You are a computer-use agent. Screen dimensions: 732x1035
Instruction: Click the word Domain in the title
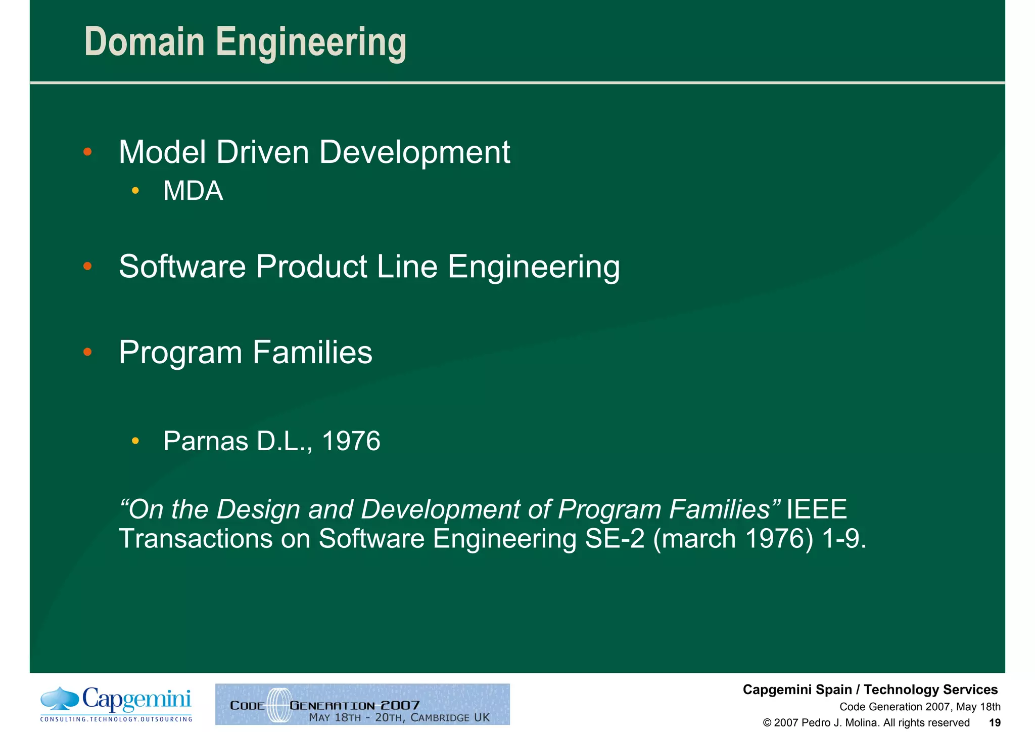pyautogui.click(x=144, y=42)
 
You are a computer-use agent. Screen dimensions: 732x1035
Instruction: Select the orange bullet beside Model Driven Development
pyautogui.click(x=87, y=152)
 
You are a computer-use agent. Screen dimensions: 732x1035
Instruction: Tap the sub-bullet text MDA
pyautogui.click(x=193, y=191)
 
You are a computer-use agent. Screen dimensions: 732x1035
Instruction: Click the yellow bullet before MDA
pyautogui.click(x=135, y=191)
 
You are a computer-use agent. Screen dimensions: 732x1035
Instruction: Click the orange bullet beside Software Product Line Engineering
pyautogui.click(x=87, y=266)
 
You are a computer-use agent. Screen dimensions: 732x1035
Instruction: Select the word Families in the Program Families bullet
pyautogui.click(x=312, y=352)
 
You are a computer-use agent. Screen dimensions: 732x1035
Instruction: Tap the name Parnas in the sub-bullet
pyautogui.click(x=206, y=441)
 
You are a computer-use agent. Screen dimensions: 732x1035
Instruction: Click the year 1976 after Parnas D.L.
pyautogui.click(x=351, y=441)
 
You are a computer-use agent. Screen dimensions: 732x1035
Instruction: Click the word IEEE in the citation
pyautogui.click(x=816, y=509)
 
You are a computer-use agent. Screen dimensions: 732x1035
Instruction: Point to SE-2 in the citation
pyautogui.click(x=614, y=538)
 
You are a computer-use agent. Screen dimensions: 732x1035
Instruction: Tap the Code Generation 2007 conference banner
pyautogui.click(x=362, y=704)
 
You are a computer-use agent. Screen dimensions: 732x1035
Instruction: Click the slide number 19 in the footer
pyautogui.click(x=995, y=722)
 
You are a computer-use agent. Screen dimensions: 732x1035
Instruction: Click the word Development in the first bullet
pyautogui.click(x=414, y=152)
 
